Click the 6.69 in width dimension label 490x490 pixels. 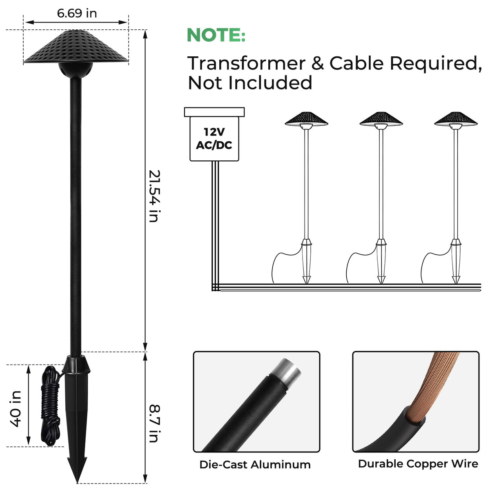pyautogui.click(x=77, y=13)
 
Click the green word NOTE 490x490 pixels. pyautogui.click(x=216, y=35)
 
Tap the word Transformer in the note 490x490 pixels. pyautogui.click(x=246, y=63)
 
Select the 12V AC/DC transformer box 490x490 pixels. pyautogui.click(x=214, y=138)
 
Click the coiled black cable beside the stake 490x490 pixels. pyautogui.click(x=51, y=405)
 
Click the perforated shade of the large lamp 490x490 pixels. pyautogui.click(x=76, y=46)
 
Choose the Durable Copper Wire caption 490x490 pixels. pyautogui.click(x=418, y=464)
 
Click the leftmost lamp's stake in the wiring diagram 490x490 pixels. pyautogui.click(x=306, y=261)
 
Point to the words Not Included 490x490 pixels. pyautogui.click(x=250, y=82)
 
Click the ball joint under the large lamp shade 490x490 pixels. pyautogui.click(x=76, y=70)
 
